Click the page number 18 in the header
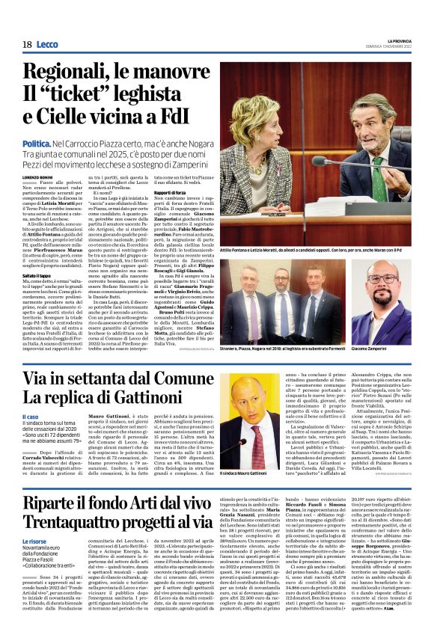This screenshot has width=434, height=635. [27, 45]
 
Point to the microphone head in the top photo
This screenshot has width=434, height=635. [321, 160]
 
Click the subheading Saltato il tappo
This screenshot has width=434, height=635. [39, 255]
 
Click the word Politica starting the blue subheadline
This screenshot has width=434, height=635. [37, 141]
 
